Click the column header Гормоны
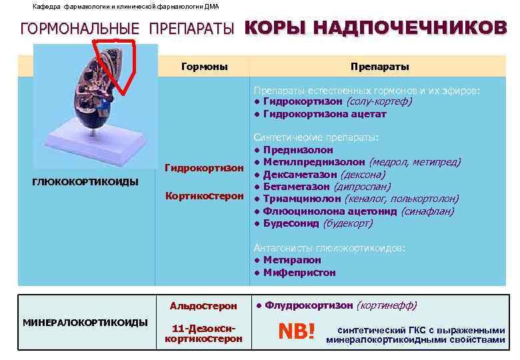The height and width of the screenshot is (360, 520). click(205, 67)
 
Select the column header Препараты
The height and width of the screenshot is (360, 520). click(379, 67)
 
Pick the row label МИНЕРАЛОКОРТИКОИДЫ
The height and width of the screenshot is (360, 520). click(85, 322)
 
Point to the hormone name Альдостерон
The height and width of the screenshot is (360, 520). click(203, 306)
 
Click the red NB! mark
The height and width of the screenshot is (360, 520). click(296, 331)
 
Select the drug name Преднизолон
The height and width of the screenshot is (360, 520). click(298, 150)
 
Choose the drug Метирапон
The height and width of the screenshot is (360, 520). click(292, 260)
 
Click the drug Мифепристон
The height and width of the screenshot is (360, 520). click(299, 272)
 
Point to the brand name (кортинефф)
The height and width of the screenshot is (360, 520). click(387, 305)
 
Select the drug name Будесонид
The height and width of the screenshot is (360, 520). click(291, 223)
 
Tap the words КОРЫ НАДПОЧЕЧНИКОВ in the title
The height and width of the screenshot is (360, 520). click(375, 27)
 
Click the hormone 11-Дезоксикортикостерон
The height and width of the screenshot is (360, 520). click(203, 334)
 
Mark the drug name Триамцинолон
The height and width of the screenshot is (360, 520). click(303, 199)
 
